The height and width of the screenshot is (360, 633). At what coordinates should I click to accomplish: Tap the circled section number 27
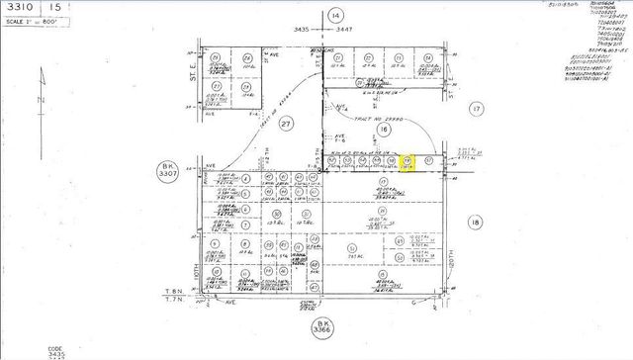(288, 125)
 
